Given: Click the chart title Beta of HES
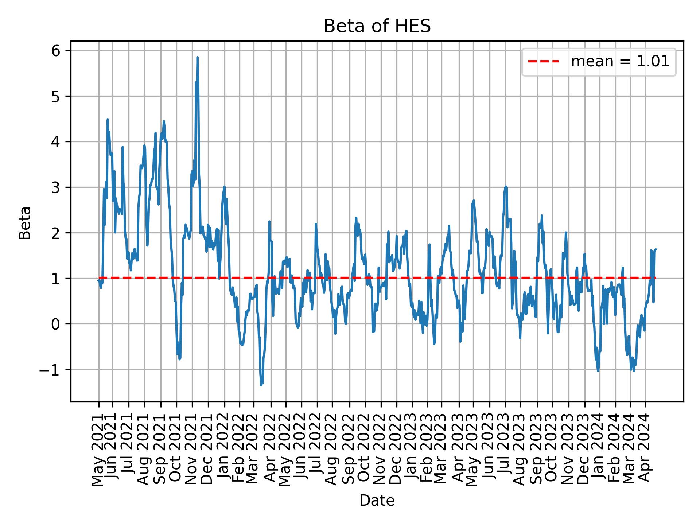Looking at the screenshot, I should tap(377, 26).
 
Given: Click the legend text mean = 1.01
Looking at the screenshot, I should tap(620, 62).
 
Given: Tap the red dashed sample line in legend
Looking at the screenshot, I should tap(543, 62).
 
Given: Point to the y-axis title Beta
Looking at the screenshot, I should tap(25, 223).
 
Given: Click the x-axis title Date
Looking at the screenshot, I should tap(377, 501).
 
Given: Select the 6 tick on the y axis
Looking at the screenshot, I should tap(56, 51).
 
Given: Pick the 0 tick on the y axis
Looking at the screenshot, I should tap(56, 324).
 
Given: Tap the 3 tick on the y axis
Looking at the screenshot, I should tap(56, 187).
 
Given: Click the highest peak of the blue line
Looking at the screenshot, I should tap(197, 57).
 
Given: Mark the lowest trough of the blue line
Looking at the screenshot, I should tap(261, 385).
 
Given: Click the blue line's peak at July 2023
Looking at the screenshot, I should tap(506, 186).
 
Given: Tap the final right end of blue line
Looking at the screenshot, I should tap(656, 249).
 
